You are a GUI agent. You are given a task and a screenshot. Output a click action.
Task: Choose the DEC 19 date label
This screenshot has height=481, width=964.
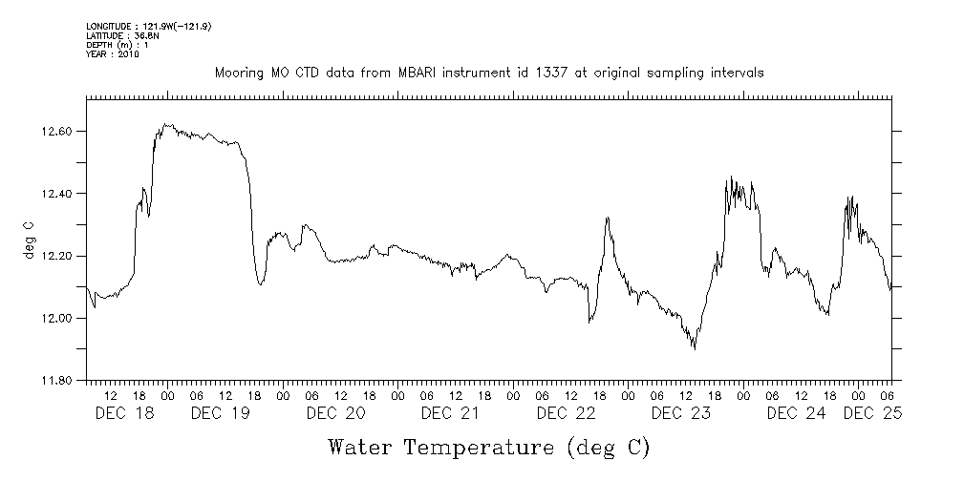tap(219, 413)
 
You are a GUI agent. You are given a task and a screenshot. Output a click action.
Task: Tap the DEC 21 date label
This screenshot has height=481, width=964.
tap(449, 413)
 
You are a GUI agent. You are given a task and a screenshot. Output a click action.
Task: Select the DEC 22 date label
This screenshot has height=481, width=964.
tap(565, 413)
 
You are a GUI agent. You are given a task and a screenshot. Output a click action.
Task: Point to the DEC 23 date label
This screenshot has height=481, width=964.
tap(679, 413)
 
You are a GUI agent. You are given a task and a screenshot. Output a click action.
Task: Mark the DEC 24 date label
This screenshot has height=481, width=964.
tap(795, 413)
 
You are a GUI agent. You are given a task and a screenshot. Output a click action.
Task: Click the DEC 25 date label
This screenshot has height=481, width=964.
tap(872, 413)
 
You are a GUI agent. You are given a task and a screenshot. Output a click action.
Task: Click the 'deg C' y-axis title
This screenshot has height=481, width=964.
tap(29, 240)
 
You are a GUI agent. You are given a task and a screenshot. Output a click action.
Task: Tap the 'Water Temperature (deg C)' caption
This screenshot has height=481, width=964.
tap(488, 447)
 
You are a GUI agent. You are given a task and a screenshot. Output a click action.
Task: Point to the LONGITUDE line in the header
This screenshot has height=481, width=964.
tap(148, 27)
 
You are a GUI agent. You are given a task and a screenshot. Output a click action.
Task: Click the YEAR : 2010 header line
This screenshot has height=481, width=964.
tap(113, 53)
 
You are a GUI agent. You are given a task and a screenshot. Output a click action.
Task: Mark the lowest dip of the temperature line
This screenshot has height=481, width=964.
tap(694, 348)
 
